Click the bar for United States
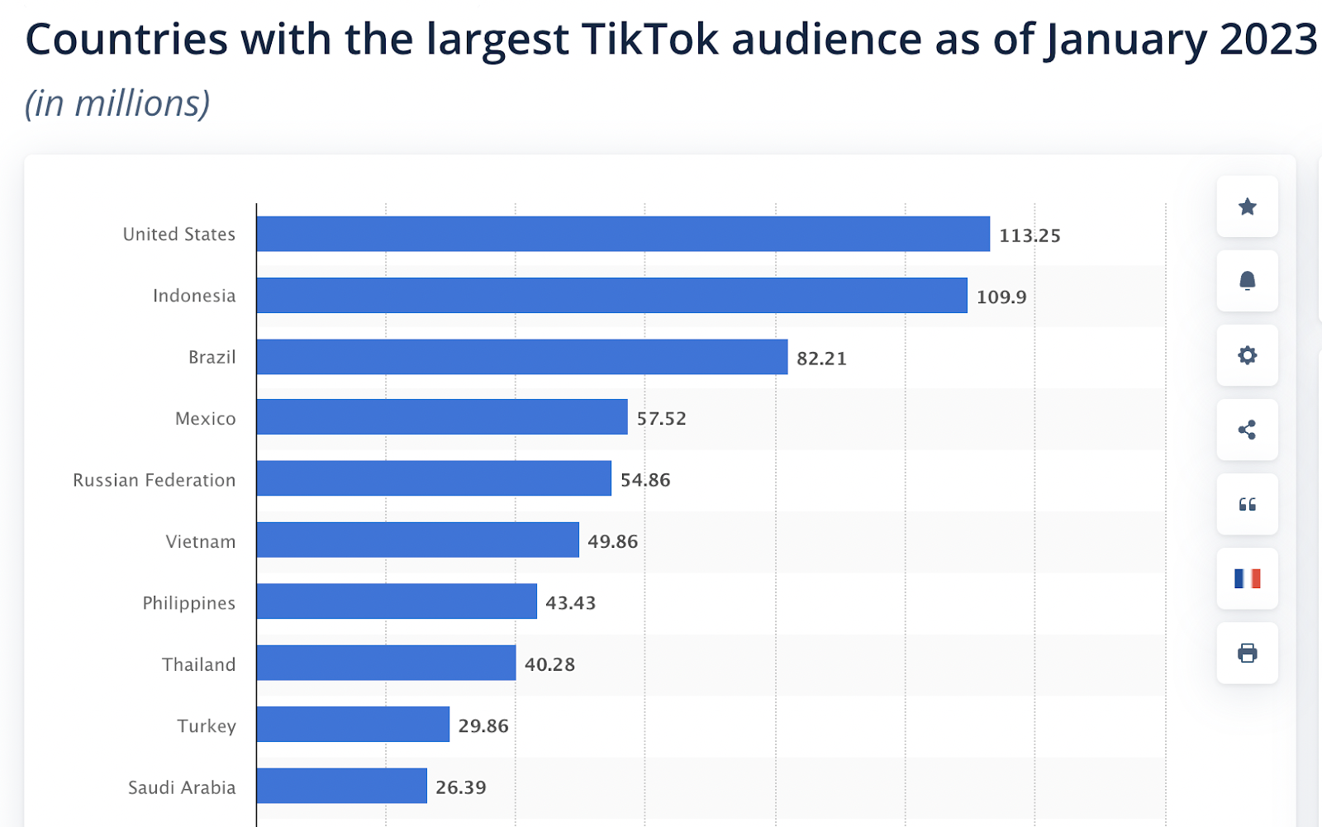pyautogui.click(x=623, y=234)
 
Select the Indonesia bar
pyautogui.click(x=611, y=296)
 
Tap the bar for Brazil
pyautogui.click(x=521, y=357)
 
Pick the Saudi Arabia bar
pyautogui.click(x=341, y=786)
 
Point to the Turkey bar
pyautogui.click(x=353, y=725)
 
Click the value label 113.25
pyautogui.click(x=1030, y=235)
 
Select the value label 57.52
pyautogui.click(x=661, y=419)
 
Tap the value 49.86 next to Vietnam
pyautogui.click(x=612, y=542)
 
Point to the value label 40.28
pyautogui.click(x=549, y=664)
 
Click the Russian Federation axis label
pyautogui.click(x=155, y=481)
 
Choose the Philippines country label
pyautogui.click(x=188, y=603)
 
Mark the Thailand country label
pyautogui.click(x=198, y=665)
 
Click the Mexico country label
pyautogui.click(x=205, y=419)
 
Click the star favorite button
pyautogui.click(x=1247, y=207)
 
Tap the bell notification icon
pyautogui.click(x=1247, y=281)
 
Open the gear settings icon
pyautogui.click(x=1247, y=355)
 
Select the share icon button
pyautogui.click(x=1247, y=430)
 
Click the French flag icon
pyautogui.click(x=1247, y=578)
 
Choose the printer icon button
pyautogui.click(x=1247, y=654)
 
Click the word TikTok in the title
pyautogui.click(x=650, y=39)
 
